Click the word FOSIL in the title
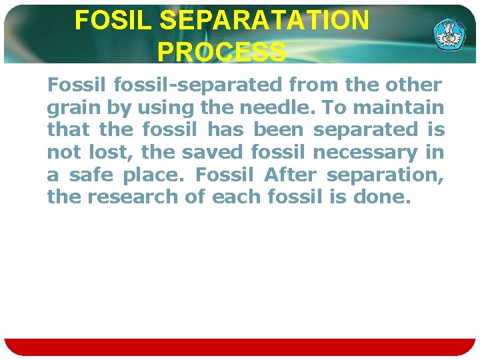click(x=114, y=21)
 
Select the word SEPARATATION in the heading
click(x=265, y=21)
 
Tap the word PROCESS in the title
click(x=223, y=51)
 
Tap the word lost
click(x=103, y=153)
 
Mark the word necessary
click(x=365, y=153)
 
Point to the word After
click(x=290, y=175)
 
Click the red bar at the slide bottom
click(x=240, y=347)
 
